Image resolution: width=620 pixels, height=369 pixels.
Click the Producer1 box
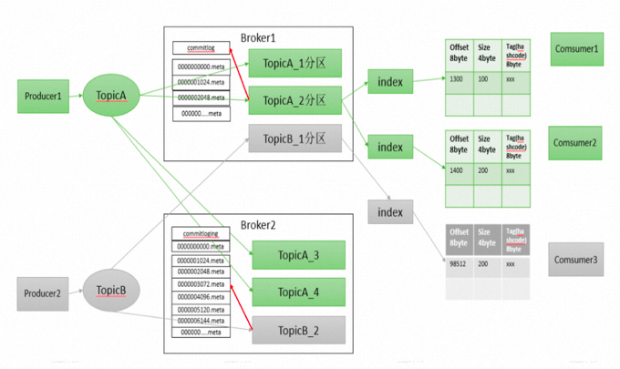[43, 96]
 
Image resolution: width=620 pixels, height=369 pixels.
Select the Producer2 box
[43, 292]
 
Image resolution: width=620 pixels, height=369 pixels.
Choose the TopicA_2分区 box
[294, 99]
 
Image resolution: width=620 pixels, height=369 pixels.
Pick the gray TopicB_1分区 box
[294, 138]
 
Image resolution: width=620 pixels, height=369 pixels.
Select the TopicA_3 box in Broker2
[298, 256]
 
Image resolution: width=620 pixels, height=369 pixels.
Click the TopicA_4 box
[298, 292]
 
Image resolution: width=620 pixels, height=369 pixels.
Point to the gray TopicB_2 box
[298, 329]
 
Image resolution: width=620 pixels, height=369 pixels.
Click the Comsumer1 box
[577, 48]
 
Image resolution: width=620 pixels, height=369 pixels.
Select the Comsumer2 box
[577, 142]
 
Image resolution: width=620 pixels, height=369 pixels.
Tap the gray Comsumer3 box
[577, 261]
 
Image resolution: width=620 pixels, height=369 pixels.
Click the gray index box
[390, 211]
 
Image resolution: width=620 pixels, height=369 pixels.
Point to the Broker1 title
[258, 37]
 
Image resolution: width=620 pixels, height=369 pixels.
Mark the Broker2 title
[258, 225]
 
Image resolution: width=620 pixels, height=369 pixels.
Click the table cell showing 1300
[458, 80]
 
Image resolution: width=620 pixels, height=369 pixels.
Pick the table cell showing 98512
[459, 264]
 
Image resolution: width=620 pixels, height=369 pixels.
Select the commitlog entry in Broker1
[201, 48]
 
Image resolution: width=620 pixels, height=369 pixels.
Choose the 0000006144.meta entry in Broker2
[201, 320]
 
